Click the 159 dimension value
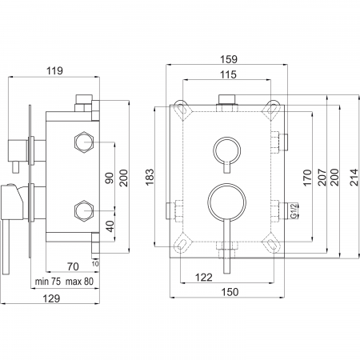(229, 59)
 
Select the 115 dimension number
(229, 74)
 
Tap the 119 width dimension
(54, 71)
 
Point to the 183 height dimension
(150, 177)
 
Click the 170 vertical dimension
(307, 178)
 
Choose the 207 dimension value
(322, 177)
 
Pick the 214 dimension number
(354, 177)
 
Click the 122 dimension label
(204, 278)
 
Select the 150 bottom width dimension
(230, 292)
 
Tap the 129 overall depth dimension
(51, 298)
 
